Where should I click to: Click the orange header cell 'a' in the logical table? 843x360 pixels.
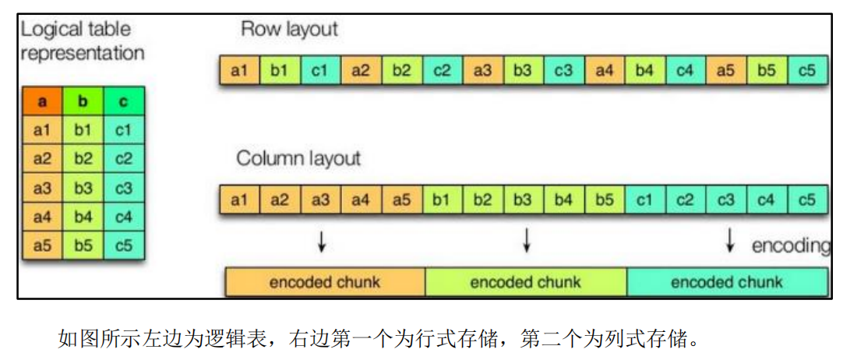pos(42,102)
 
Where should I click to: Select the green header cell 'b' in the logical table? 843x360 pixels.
pos(83,102)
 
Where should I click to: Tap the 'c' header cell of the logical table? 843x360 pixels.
pos(123,102)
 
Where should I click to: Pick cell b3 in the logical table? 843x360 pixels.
pos(83,188)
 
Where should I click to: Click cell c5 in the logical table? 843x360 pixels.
pos(123,245)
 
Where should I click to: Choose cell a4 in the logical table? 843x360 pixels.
pos(42,217)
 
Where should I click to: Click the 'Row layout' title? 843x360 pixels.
pos(289,30)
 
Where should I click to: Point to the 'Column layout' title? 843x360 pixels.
pos(298,159)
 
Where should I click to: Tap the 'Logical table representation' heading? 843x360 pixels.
pos(82,41)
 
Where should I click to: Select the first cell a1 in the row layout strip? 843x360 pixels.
pos(239,71)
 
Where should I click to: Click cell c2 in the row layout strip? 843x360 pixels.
pos(442,71)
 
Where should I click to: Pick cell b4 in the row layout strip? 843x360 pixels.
pos(644,71)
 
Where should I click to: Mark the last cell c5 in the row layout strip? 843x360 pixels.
pos(806,71)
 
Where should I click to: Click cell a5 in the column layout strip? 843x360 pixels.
pos(401,200)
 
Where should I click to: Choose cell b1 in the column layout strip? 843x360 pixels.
pos(442,200)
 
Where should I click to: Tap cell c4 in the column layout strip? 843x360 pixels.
pos(766,200)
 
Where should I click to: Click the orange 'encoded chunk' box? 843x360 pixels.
pos(325,282)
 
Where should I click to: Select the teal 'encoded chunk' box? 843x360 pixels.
pos(727,282)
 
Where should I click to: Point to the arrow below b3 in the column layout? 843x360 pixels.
pos(527,241)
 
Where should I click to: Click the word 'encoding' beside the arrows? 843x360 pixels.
pos(790,245)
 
